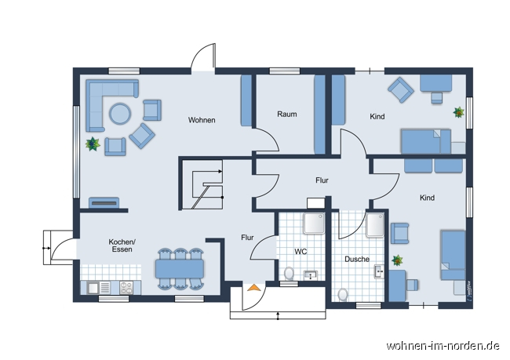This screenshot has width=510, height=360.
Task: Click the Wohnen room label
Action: coord(202,120)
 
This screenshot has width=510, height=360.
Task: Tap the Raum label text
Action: coord(286,115)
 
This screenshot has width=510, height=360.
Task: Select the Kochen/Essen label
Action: coord(122,245)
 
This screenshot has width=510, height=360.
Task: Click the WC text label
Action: coord(301,252)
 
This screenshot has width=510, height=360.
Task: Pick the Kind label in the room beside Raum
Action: coord(377,117)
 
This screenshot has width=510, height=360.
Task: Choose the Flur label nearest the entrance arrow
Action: coord(247,237)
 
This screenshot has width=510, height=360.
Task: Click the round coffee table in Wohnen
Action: coord(120,114)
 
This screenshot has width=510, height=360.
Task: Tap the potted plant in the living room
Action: coord(93,144)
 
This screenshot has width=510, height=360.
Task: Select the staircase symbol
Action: coord(202,185)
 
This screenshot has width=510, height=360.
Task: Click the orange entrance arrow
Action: coord(253,289)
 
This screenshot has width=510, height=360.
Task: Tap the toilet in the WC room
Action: coord(289,274)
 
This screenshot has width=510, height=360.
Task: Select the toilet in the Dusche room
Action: coord(341,294)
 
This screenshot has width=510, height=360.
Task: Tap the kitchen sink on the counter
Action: coord(93,288)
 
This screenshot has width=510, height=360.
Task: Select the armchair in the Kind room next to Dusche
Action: coord(399,232)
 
